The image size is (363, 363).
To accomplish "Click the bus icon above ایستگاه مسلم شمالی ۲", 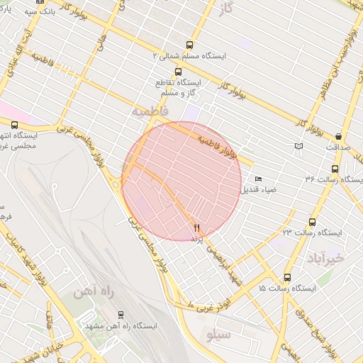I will [189, 45].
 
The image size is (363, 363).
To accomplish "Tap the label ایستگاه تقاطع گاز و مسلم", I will [177, 87].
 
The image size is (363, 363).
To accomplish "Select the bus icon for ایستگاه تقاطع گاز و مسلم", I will [177, 72].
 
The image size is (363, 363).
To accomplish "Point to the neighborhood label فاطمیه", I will [149, 112].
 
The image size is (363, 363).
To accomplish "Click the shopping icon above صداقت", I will [338, 136].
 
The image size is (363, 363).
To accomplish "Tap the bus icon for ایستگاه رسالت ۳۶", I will [335, 169].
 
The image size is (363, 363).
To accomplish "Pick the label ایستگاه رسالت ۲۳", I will [313, 233].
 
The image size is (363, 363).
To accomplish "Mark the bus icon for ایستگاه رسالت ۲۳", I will [313, 221].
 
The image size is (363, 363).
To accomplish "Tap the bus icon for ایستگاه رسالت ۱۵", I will [287, 277].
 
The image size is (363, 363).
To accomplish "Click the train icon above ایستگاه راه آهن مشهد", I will [120, 315].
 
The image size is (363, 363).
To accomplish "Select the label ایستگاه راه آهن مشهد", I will [121, 326].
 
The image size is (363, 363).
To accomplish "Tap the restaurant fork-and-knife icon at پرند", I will [196, 227].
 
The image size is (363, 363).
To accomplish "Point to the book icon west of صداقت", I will [298, 146].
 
